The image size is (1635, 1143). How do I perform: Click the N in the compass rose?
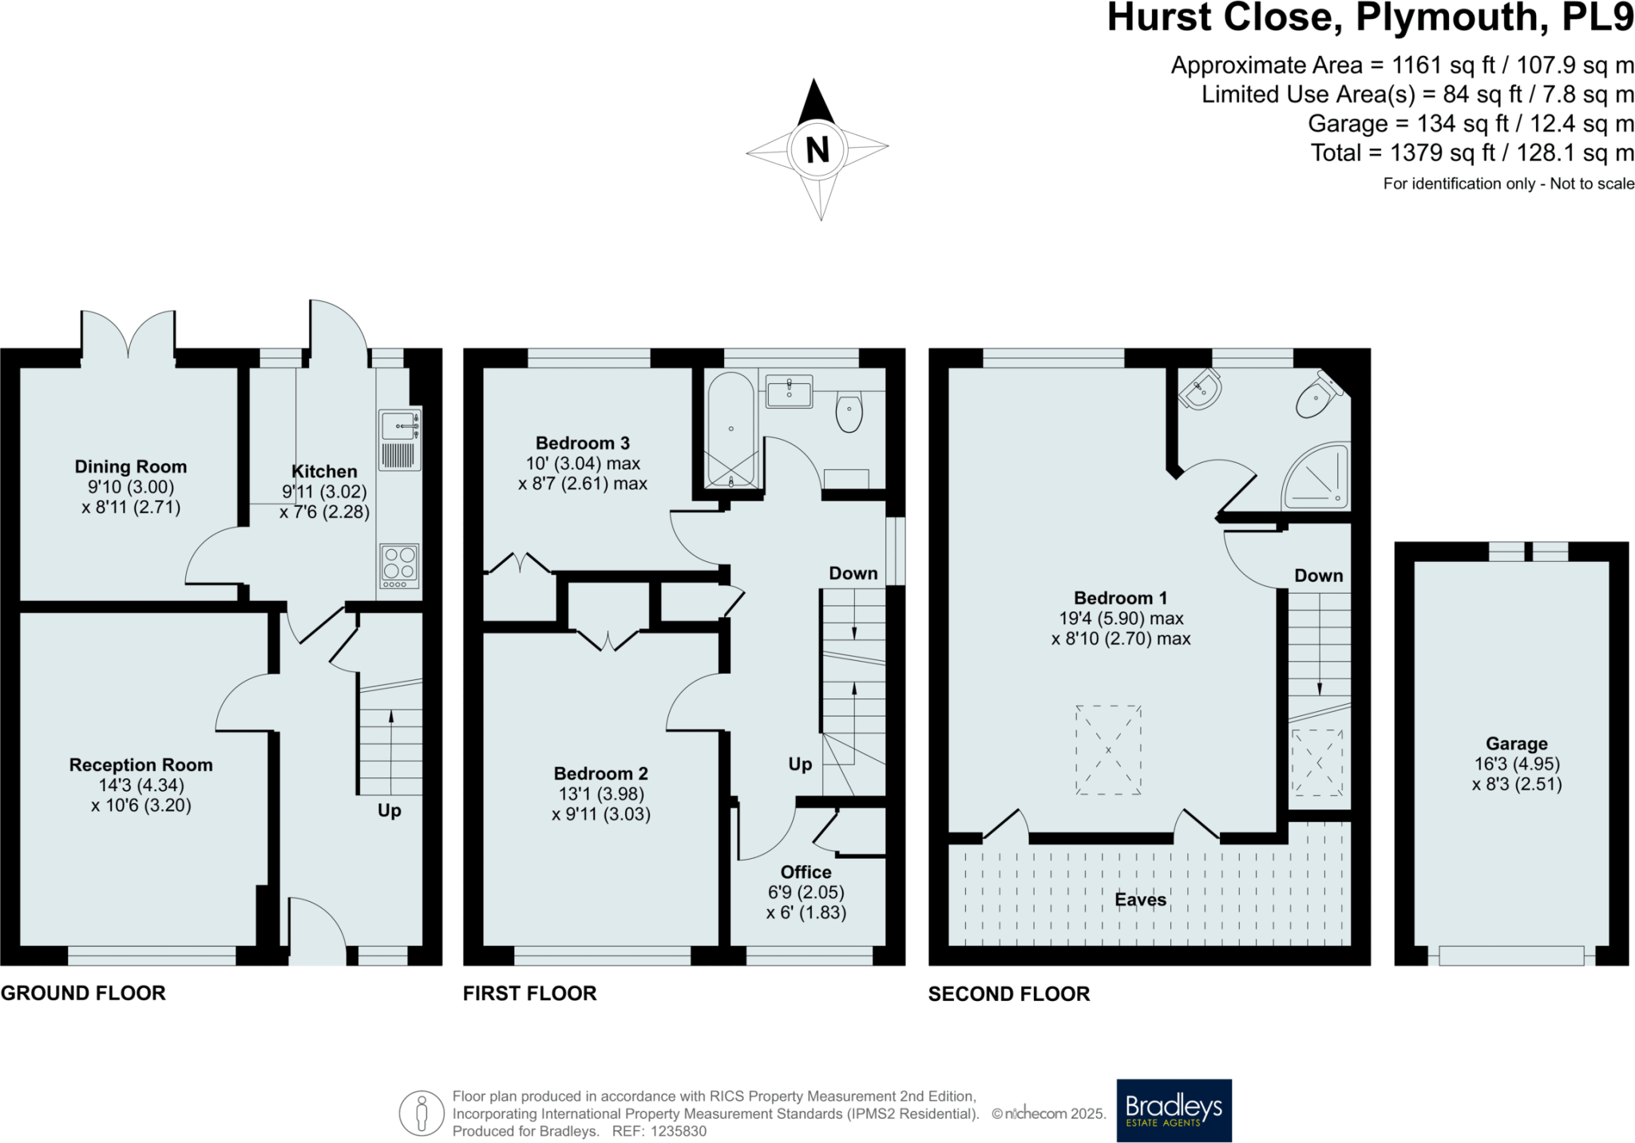(x=817, y=150)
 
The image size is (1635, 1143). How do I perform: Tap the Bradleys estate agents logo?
(x=1174, y=1110)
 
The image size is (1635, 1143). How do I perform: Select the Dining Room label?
(x=131, y=467)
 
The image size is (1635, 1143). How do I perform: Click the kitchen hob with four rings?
(x=399, y=566)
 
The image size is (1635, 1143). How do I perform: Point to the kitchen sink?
(x=399, y=440)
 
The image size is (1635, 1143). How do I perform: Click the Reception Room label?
(x=141, y=765)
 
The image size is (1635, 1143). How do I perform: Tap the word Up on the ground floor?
(x=390, y=811)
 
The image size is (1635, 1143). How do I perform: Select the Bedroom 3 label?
(x=583, y=443)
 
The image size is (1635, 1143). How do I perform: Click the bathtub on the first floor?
(x=730, y=429)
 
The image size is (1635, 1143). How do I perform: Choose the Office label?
(x=806, y=872)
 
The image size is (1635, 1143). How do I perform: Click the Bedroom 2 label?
(x=601, y=773)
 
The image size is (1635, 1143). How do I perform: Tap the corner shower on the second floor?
(x=1316, y=477)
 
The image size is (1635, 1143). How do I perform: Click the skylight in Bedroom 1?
(x=1108, y=750)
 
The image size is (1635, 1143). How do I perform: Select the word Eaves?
(x=1141, y=900)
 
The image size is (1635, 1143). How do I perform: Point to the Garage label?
(x=1517, y=744)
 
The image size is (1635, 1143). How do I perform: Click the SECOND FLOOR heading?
(x=1009, y=994)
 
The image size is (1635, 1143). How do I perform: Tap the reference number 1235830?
(x=679, y=1131)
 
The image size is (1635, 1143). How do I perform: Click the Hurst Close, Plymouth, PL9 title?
(x=1370, y=18)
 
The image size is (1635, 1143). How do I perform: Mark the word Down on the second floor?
(x=1319, y=575)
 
